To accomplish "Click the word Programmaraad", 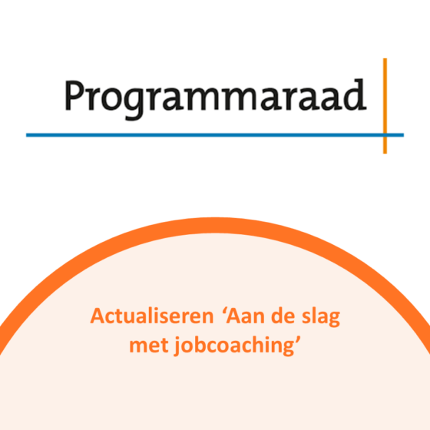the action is pos(215,99).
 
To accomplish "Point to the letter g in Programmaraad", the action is pos(134,104).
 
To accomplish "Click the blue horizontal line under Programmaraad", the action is pos(215,135).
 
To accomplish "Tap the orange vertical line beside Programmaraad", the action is pos(385,106).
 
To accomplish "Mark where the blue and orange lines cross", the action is pos(385,135).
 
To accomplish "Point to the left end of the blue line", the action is pos(26,135).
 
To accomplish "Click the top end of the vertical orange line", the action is pos(385,58).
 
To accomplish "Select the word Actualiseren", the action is pos(152,316).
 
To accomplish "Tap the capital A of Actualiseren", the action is pos(98,316).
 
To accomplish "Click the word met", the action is pos(149,346).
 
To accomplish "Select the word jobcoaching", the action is pos(233,346).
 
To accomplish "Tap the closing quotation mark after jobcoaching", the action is pos(298,340).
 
